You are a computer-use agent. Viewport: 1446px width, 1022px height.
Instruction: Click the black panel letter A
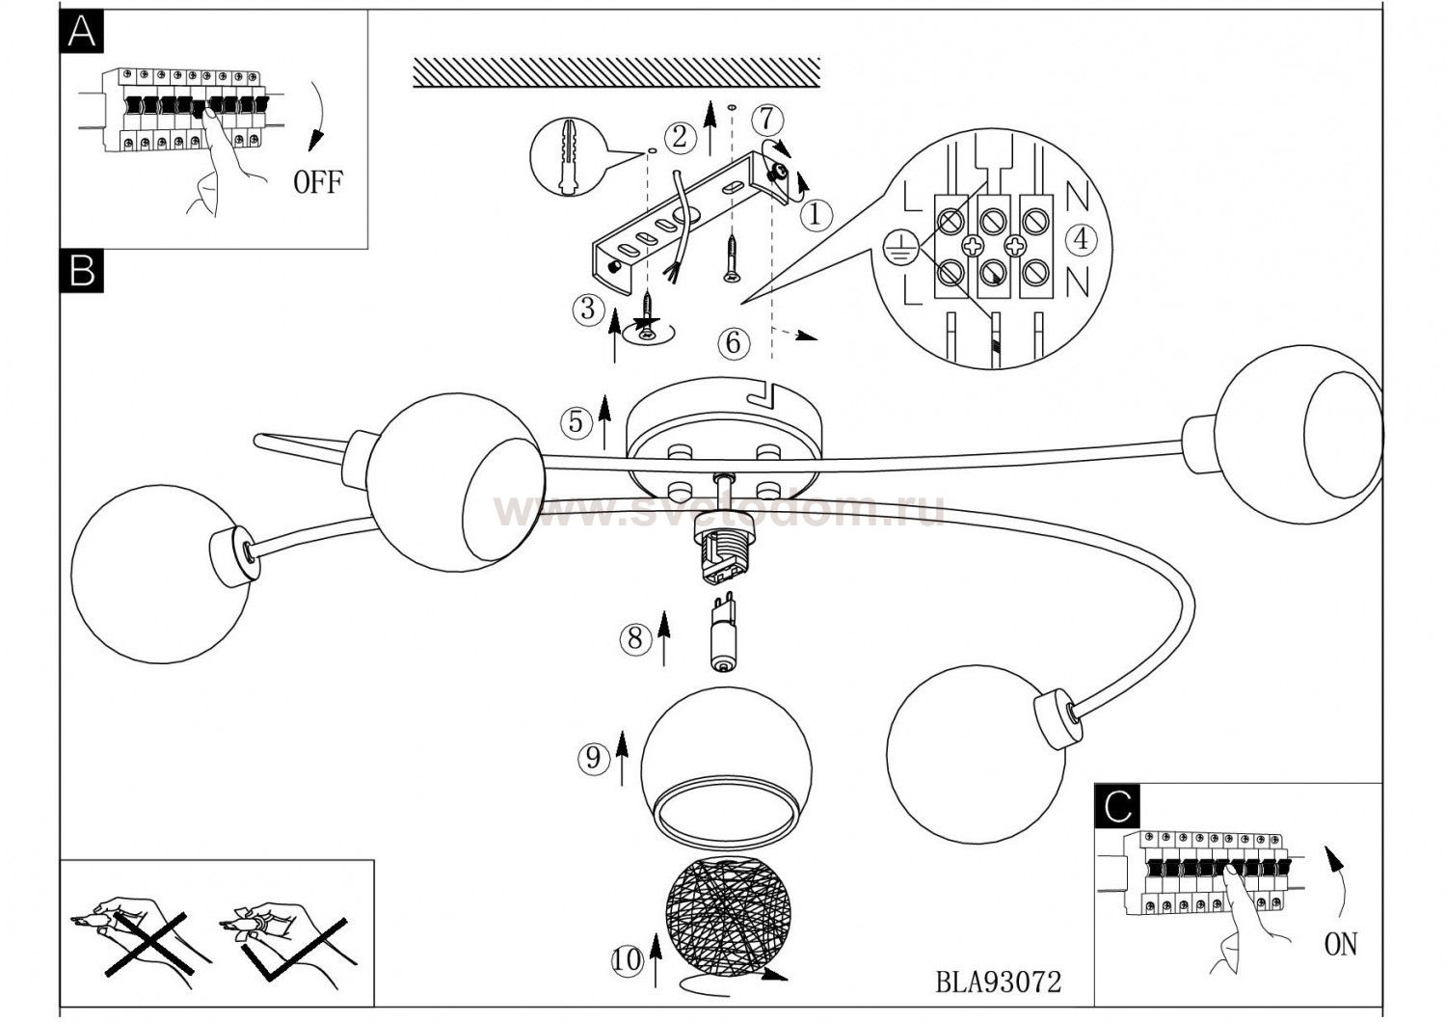click(x=81, y=32)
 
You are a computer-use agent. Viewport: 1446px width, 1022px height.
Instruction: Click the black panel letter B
click(x=81, y=271)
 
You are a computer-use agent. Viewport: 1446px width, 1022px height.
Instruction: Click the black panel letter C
click(x=1117, y=806)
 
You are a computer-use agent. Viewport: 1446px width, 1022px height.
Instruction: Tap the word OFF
click(x=317, y=183)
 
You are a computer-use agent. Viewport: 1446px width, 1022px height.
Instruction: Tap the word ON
click(x=1341, y=945)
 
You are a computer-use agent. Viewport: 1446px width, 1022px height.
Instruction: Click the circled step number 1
click(x=816, y=214)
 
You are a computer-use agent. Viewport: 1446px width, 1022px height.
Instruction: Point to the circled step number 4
click(x=1081, y=240)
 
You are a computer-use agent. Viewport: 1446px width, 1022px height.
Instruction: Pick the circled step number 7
click(x=767, y=121)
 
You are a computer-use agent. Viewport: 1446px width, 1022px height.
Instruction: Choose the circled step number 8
click(x=635, y=638)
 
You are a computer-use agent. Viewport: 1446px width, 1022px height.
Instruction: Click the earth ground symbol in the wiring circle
click(x=896, y=249)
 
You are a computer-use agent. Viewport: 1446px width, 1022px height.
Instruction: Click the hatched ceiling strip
click(x=617, y=71)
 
